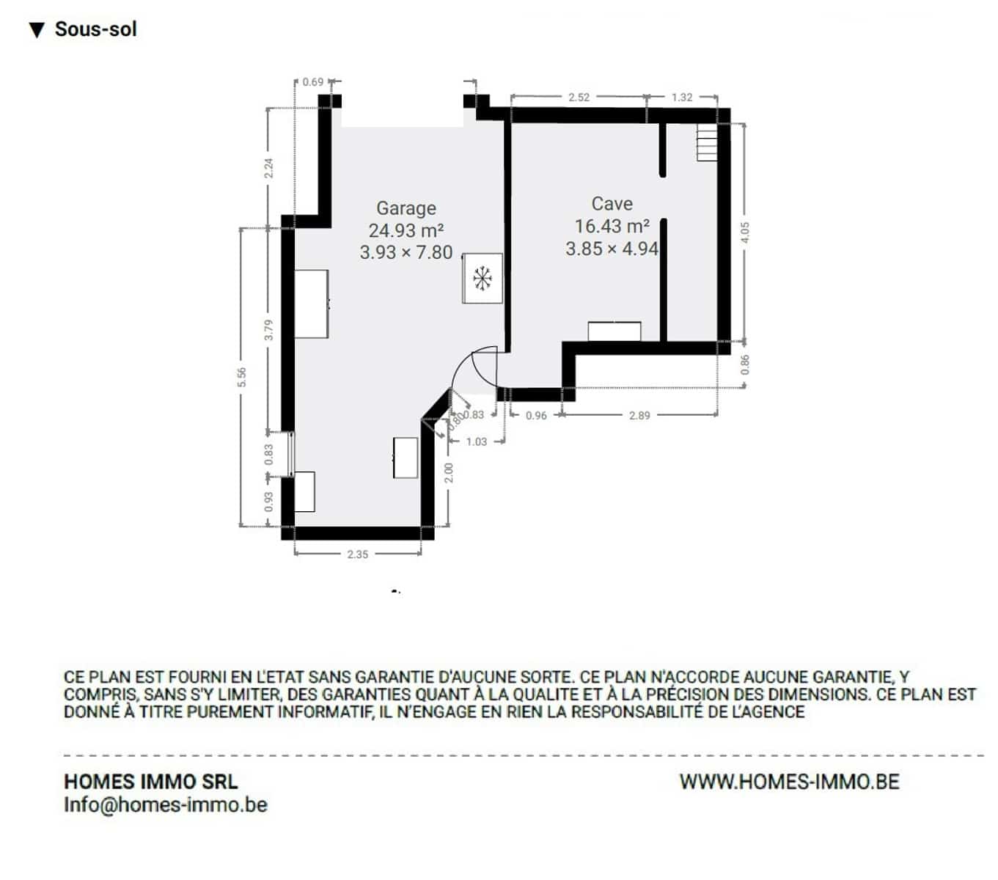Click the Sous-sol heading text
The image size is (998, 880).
95,29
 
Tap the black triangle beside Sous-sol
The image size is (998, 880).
37,30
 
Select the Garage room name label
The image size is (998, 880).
406,208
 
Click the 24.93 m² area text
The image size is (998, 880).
406,230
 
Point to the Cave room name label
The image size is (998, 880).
612,203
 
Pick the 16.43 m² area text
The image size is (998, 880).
612,226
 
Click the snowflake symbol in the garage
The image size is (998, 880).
483,278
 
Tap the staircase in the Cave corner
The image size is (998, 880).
706,142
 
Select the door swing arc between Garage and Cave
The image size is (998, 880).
461,363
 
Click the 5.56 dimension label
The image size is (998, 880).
241,377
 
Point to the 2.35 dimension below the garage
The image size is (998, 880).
357,554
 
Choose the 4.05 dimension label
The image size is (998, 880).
745,232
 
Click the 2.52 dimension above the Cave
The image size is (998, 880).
579,97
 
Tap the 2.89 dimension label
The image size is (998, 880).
639,415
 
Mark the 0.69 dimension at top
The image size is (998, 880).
313,82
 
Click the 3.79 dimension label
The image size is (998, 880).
268,329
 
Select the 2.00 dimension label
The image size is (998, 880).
448,472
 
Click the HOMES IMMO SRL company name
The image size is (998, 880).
151,782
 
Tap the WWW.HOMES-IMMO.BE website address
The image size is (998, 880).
790,782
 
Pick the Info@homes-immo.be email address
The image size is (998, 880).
166,804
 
